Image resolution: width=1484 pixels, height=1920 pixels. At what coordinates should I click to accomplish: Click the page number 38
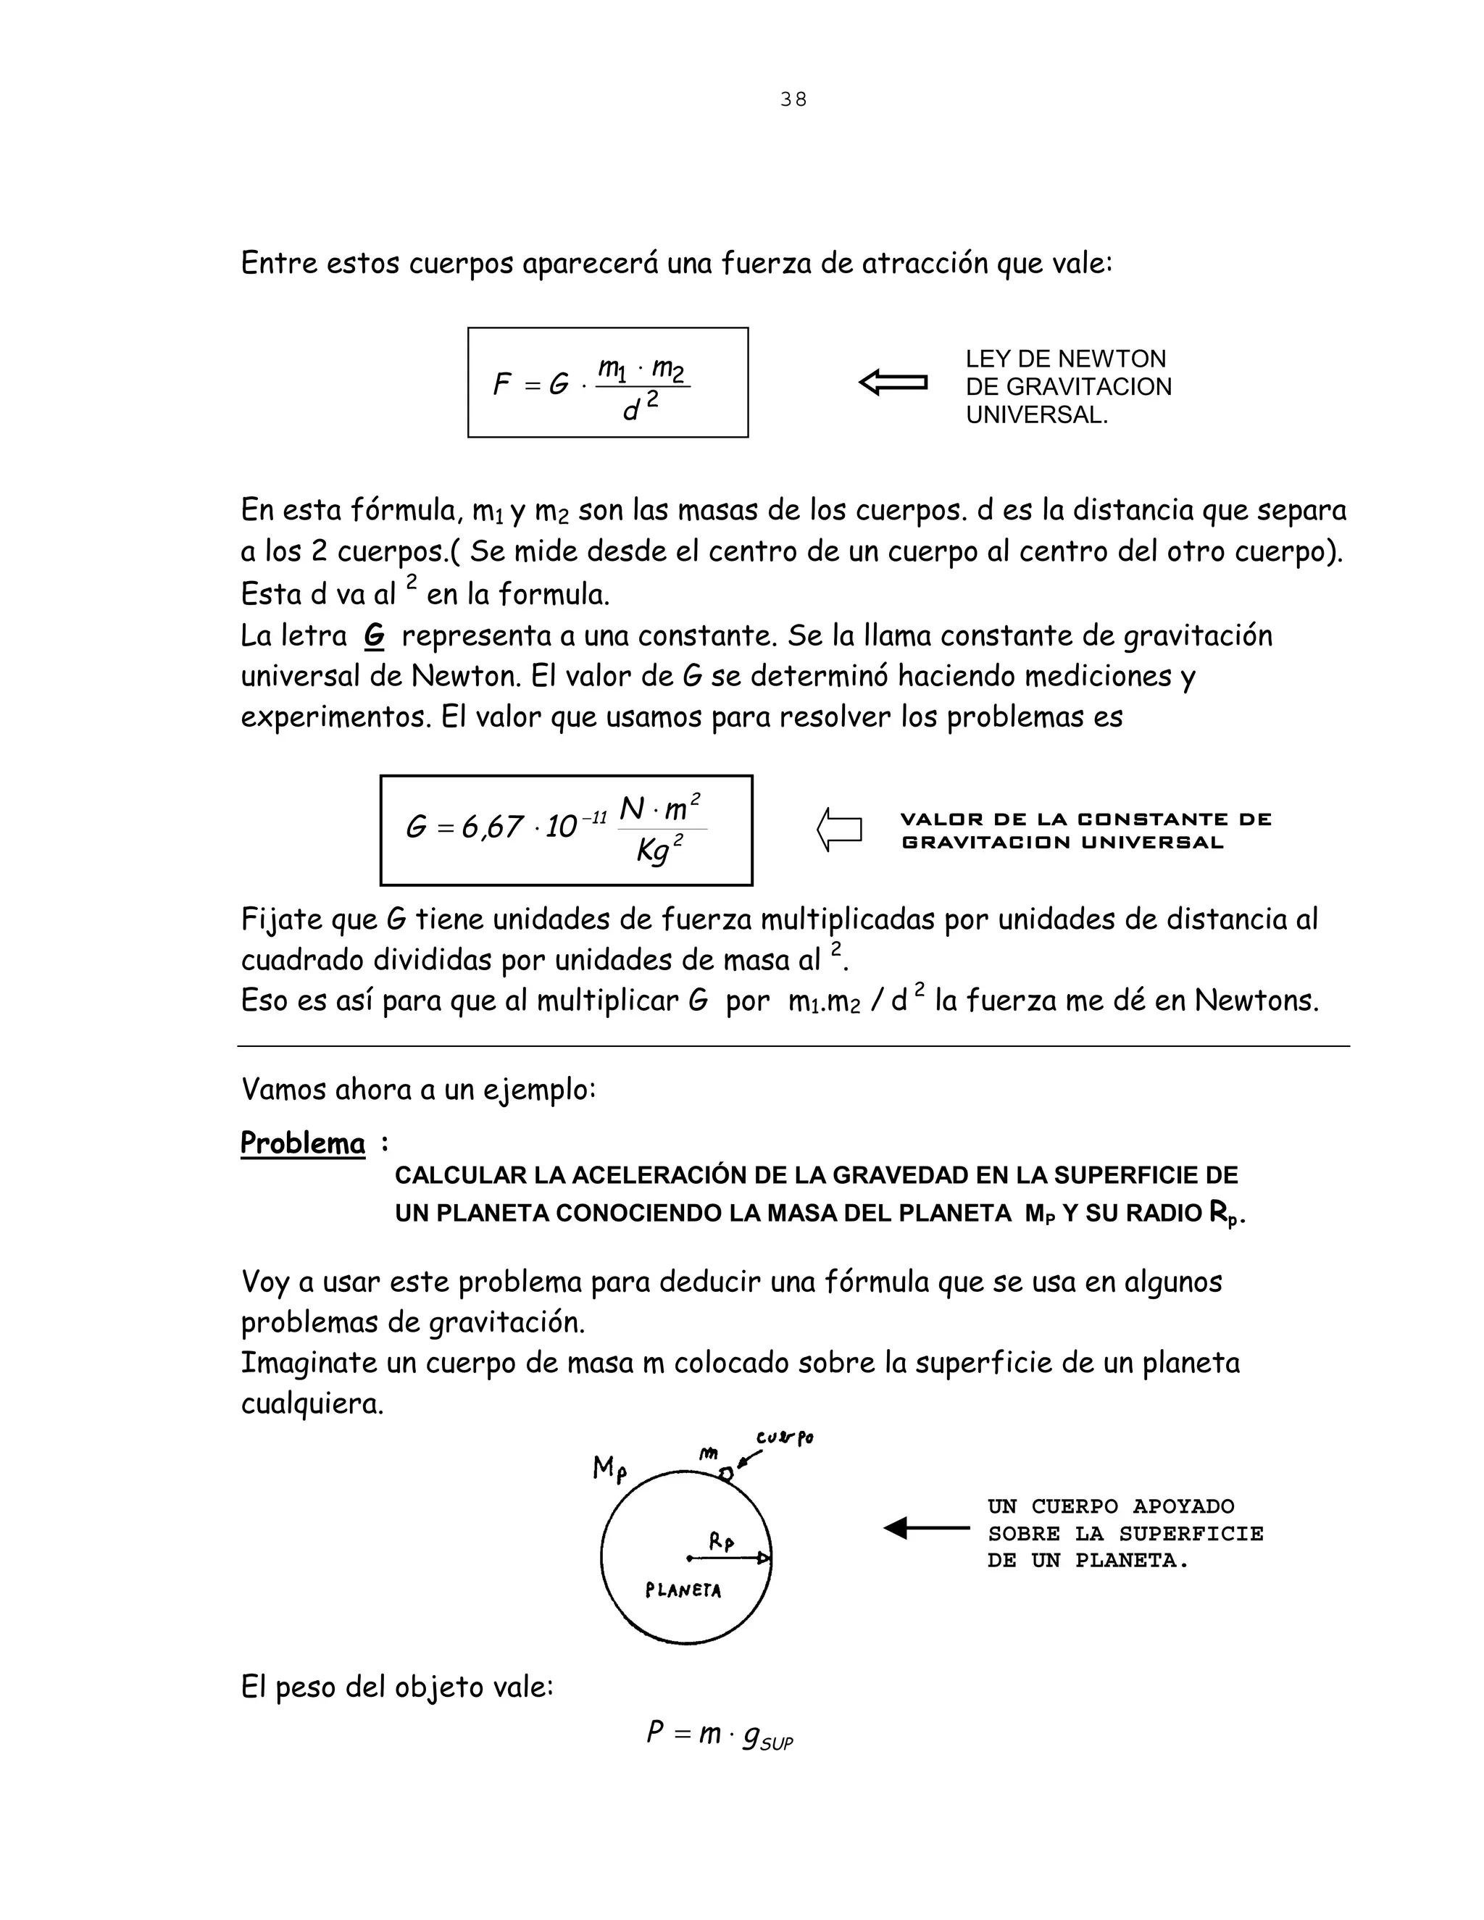point(793,99)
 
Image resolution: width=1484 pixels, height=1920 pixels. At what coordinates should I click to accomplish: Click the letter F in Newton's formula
point(502,384)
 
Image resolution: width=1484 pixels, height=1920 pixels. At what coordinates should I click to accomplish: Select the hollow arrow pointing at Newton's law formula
point(893,383)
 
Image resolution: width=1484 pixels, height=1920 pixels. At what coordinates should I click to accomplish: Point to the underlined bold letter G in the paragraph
point(374,635)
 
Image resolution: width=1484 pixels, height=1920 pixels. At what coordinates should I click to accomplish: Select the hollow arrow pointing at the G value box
point(840,829)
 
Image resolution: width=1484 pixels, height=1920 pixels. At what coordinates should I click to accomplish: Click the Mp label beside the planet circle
point(609,1468)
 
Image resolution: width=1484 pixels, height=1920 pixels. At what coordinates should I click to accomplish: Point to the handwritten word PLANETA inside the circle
point(683,1590)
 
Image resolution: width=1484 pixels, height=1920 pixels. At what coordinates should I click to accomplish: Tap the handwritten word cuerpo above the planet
point(784,1438)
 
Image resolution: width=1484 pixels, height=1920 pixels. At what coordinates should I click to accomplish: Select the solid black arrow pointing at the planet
point(926,1528)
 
